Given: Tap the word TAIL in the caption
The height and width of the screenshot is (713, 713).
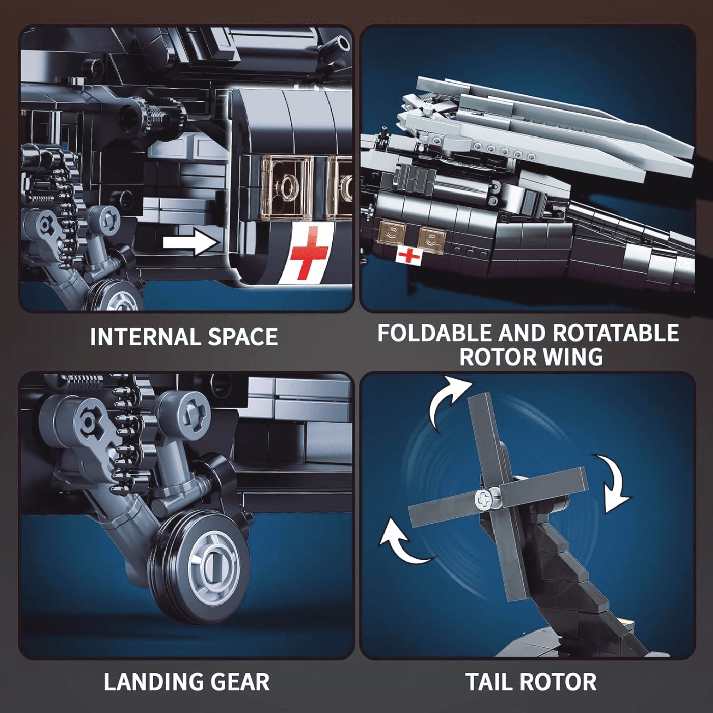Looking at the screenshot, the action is pos(488,681).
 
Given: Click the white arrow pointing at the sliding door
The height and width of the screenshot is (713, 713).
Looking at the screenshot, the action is pos(190,242).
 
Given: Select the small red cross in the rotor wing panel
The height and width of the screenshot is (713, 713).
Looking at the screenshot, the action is pos(408,255).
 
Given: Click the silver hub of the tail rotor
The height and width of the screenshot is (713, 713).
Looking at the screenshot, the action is pos(485,498).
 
